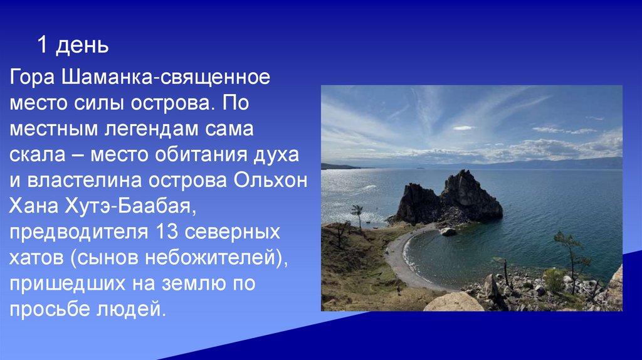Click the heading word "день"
[x=82, y=45]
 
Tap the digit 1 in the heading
[x=42, y=45]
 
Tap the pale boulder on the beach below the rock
[x=448, y=231]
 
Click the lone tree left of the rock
[x=357, y=213]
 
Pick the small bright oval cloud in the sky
[x=464, y=128]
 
